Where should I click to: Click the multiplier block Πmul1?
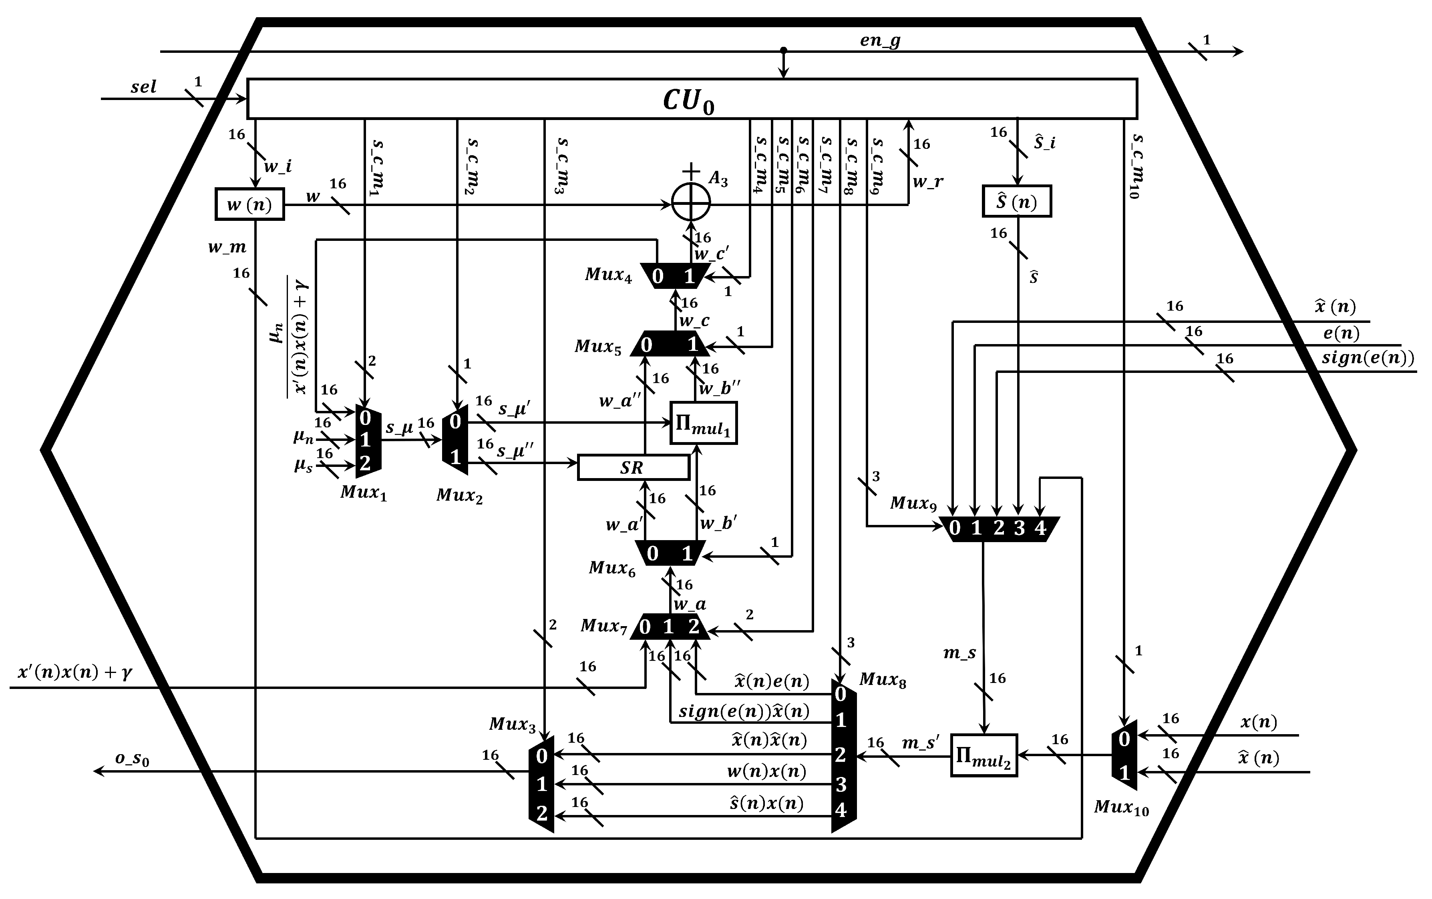coord(704,423)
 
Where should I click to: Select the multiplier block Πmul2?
coord(983,755)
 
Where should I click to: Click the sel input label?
coord(143,87)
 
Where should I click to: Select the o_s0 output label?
coord(132,759)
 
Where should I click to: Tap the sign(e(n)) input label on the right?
coord(1367,358)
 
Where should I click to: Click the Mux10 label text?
coord(1121,807)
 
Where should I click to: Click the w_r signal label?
coord(927,182)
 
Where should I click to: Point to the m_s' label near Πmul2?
coord(921,743)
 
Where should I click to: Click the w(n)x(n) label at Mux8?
coord(766,772)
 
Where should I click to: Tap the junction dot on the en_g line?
coord(784,50)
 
